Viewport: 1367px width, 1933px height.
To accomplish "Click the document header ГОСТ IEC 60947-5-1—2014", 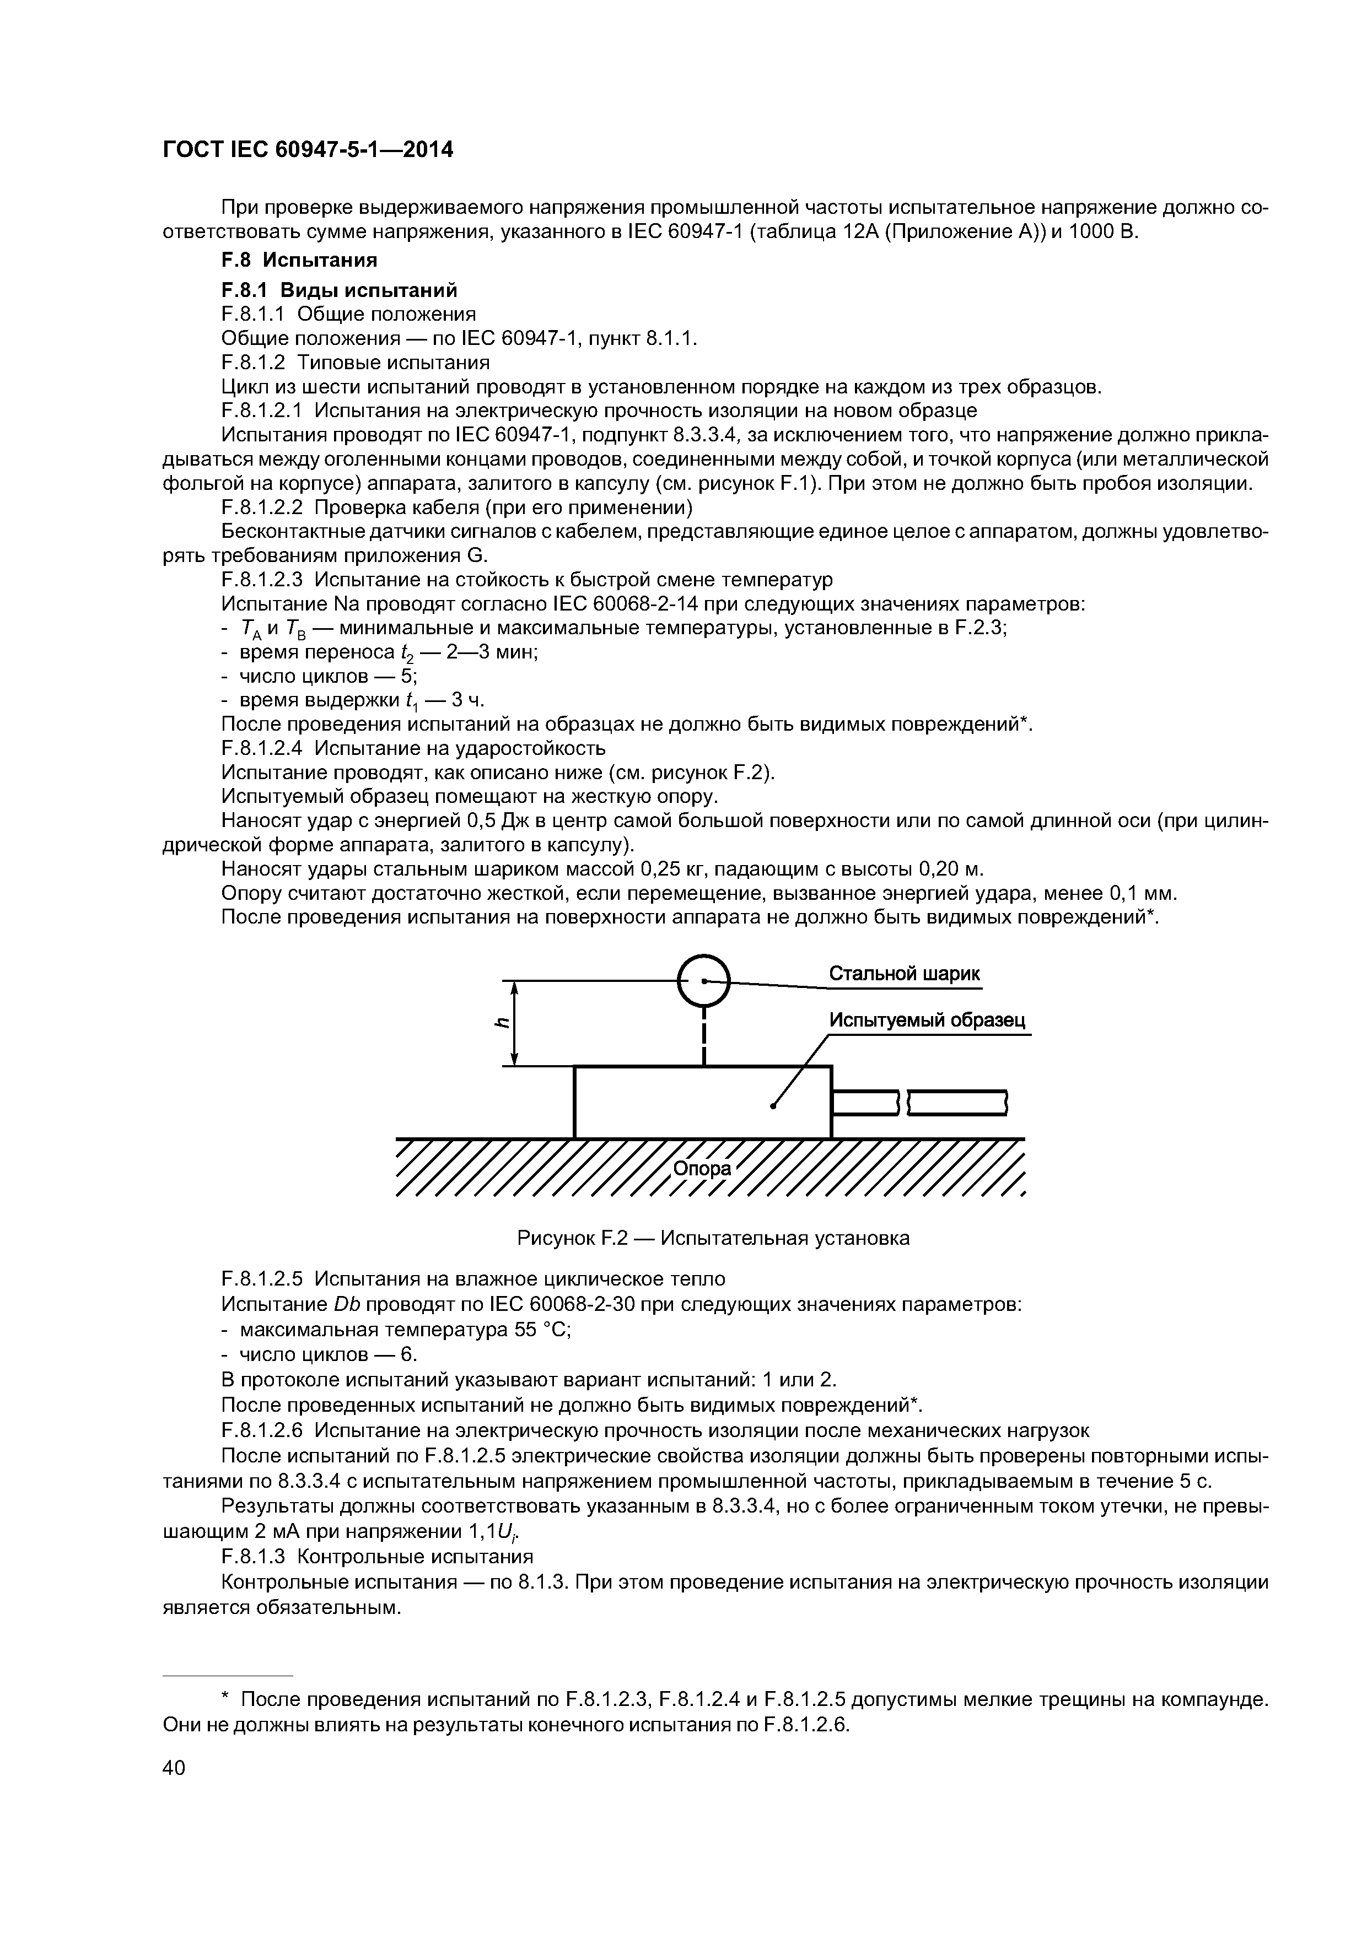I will coord(308,150).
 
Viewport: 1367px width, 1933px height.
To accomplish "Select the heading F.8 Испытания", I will coord(298,258).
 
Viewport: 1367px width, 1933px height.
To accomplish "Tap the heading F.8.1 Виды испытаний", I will coord(338,290).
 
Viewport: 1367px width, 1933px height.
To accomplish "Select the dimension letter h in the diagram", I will coord(502,1023).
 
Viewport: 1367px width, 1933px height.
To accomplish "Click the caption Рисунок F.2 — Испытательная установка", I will coord(713,1239).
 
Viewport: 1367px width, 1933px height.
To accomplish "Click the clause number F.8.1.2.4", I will coord(262,748).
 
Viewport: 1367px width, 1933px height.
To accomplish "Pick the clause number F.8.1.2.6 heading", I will coord(262,1430).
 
